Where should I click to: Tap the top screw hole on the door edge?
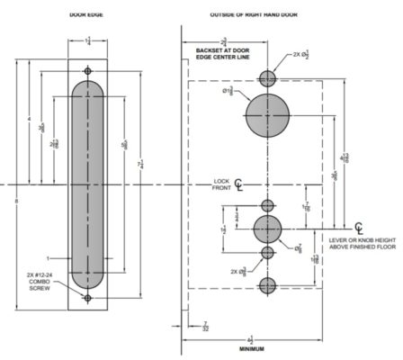click(87, 70)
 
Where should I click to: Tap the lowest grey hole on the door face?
click(266, 286)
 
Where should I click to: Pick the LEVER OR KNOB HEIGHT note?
click(363, 244)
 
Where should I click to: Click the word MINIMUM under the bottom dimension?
click(251, 348)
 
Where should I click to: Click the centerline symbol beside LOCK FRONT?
click(238, 185)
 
